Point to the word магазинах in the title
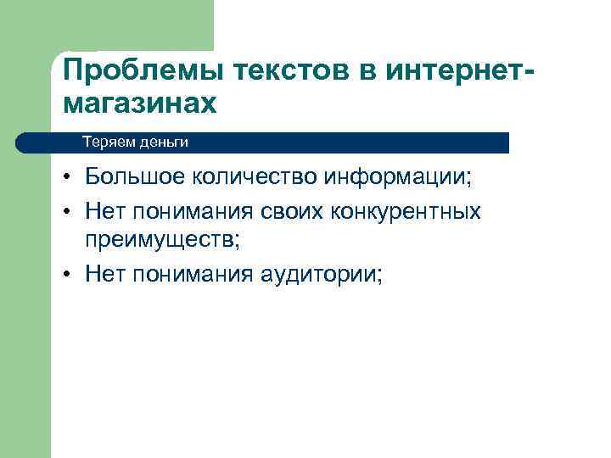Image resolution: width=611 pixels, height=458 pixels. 139,103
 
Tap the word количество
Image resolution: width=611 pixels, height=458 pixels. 253,179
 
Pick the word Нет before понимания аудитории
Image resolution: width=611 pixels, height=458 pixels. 104,273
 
